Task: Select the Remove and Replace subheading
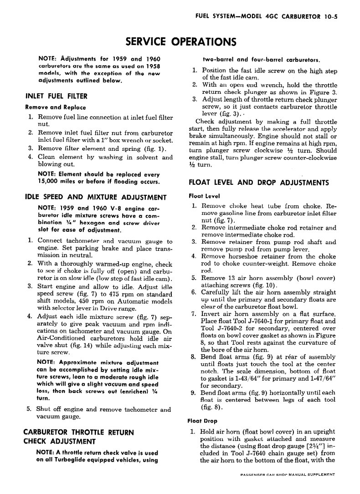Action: (55, 107)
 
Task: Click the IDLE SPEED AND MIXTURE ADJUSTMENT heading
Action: (95, 197)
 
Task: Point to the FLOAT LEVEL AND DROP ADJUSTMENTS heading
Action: (258, 183)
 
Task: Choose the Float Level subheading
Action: (204, 196)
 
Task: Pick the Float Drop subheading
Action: (202, 421)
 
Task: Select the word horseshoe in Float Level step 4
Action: (242, 256)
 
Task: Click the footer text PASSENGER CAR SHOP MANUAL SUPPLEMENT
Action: (287, 474)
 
